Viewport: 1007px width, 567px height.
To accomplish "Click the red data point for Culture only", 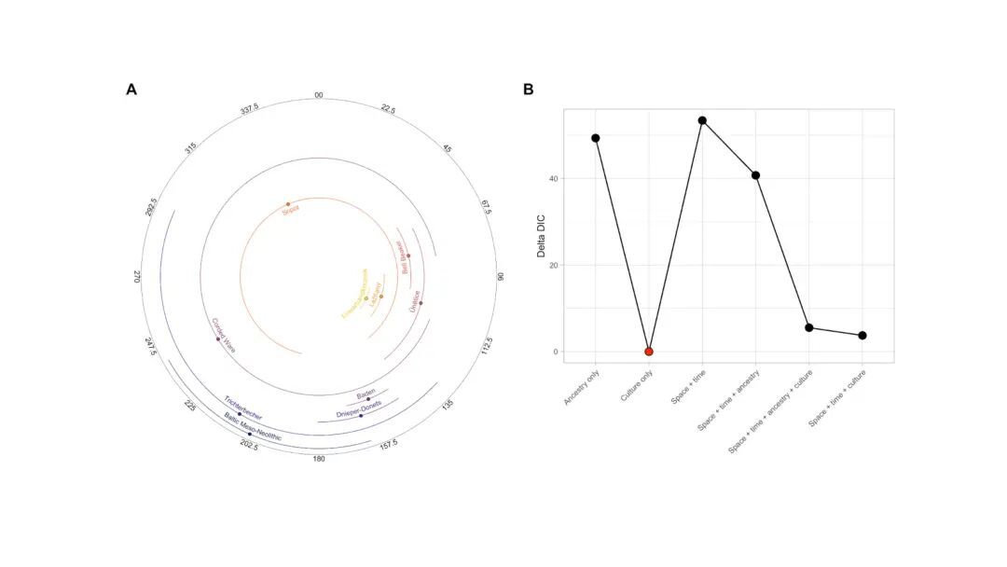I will (x=649, y=352).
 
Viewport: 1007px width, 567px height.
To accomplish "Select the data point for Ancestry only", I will (x=595, y=138).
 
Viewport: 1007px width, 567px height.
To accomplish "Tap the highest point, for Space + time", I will (x=702, y=120).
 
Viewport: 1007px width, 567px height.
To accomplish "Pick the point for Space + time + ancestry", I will (x=755, y=175).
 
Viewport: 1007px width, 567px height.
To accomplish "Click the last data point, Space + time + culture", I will (x=862, y=336).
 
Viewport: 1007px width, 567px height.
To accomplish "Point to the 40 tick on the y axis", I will (x=554, y=178).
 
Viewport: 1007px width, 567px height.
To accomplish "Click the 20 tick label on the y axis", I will (x=554, y=265).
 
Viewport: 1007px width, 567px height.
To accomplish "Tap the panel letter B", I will (x=529, y=90).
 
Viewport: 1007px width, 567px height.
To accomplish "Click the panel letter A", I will (x=131, y=90).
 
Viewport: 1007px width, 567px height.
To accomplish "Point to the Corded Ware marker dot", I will (x=218, y=339).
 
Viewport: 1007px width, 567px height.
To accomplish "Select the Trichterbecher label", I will (x=242, y=408).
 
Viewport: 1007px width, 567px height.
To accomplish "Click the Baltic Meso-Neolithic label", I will (x=252, y=427).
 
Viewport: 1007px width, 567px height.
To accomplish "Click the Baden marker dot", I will (x=368, y=399).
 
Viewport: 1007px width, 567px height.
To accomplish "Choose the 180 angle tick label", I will (x=319, y=459).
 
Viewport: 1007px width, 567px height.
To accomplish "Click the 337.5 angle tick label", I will (x=249, y=109).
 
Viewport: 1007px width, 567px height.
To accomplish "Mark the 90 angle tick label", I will (x=501, y=277).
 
